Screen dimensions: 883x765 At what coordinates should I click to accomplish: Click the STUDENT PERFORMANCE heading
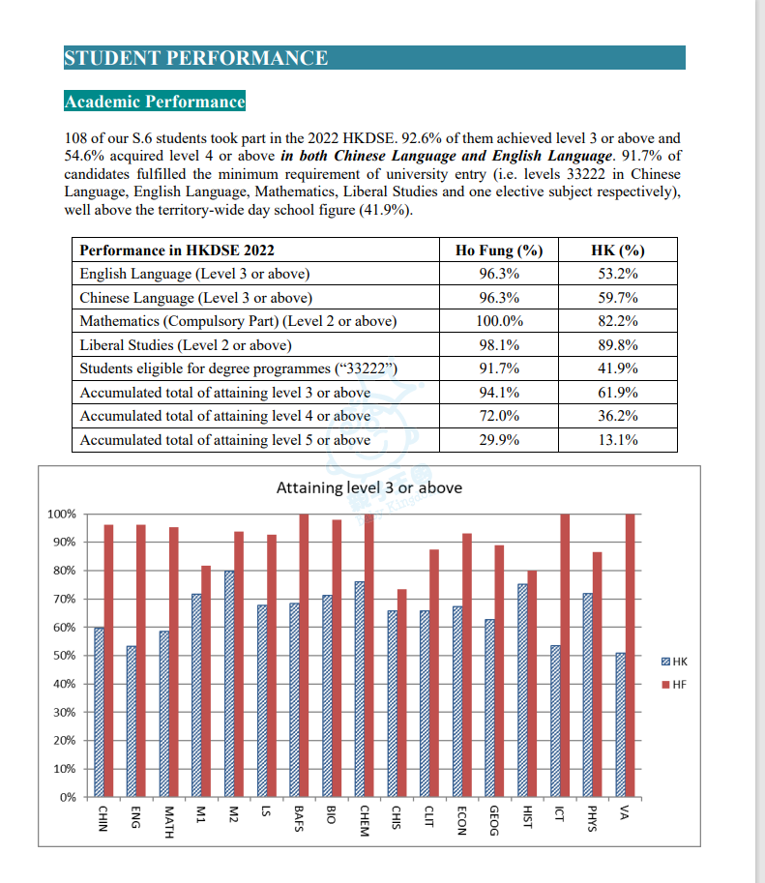pos(195,58)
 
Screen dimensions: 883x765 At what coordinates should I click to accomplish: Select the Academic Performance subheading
pos(155,102)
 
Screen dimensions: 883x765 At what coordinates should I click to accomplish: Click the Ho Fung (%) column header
pos(499,250)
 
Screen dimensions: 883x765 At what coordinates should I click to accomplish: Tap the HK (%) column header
pos(618,250)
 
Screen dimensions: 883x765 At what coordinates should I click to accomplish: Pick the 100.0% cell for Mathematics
pos(499,321)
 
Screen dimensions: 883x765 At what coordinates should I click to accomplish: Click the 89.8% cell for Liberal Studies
pos(618,345)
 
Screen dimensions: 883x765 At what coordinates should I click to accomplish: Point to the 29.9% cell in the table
pos(499,440)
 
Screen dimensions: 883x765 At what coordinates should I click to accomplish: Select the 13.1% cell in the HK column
pos(618,440)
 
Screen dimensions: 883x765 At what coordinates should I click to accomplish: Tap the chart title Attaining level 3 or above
pos(368,487)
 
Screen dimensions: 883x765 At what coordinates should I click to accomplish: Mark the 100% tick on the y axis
pos(61,514)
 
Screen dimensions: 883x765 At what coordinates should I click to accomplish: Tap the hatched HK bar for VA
pos(620,725)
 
